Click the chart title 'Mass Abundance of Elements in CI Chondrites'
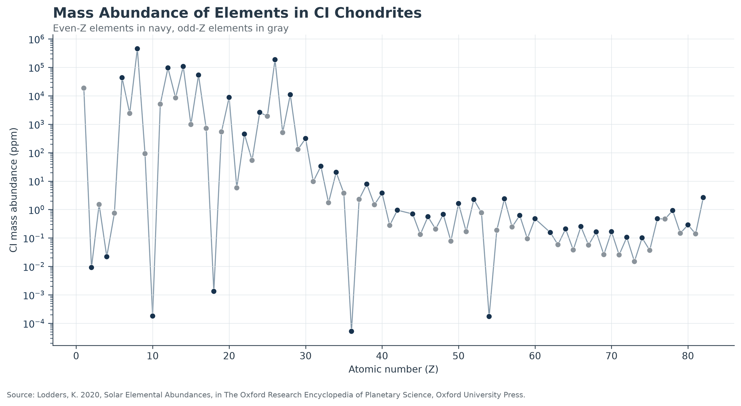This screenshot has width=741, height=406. pos(237,13)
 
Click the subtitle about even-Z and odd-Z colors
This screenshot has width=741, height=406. pos(171,28)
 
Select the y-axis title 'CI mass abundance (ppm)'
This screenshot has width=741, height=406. pos(13,190)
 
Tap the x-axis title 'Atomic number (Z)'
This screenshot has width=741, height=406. pos(393,369)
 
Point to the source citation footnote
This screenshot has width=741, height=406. pos(266,395)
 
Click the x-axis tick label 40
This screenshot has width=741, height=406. pos(382,356)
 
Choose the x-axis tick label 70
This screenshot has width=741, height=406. pos(611,356)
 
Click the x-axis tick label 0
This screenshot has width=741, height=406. pos(76,356)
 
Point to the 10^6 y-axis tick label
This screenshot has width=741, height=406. pos(36,39)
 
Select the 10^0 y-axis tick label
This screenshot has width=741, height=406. pos(36,210)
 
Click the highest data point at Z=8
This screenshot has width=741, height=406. pos(137,49)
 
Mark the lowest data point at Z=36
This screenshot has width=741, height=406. pos(352,331)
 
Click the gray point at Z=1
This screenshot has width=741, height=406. pos(84,88)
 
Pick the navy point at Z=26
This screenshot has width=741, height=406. pos(275,60)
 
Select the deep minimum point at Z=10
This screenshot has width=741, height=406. pos(153,316)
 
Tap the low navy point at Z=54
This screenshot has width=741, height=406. pos(489,316)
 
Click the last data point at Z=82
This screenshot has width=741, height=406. pos(703,198)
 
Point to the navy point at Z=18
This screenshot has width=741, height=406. pos(214,291)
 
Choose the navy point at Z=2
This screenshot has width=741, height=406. pos(92,268)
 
